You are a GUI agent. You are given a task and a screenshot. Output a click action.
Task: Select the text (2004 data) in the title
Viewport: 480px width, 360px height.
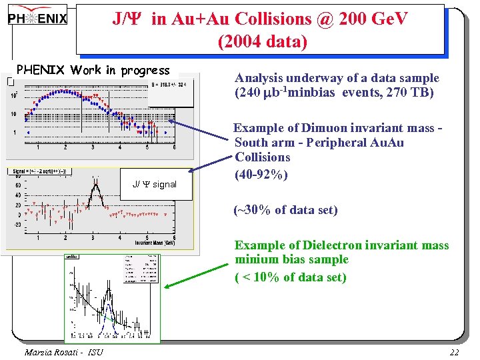click(x=262, y=41)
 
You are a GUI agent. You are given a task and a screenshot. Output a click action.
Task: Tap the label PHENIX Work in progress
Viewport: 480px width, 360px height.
click(x=93, y=70)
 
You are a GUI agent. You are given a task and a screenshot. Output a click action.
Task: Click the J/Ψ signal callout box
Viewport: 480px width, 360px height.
click(x=155, y=185)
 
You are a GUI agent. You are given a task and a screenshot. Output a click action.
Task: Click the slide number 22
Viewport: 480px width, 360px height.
click(x=455, y=351)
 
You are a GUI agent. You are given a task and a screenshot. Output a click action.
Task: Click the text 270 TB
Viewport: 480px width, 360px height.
click(x=411, y=93)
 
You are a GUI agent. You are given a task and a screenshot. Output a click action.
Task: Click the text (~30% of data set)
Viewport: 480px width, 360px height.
click(x=285, y=210)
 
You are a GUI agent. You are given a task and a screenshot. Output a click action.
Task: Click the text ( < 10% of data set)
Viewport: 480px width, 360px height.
click(x=290, y=277)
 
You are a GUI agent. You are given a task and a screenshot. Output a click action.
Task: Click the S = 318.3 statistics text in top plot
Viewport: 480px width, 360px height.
click(x=169, y=85)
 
